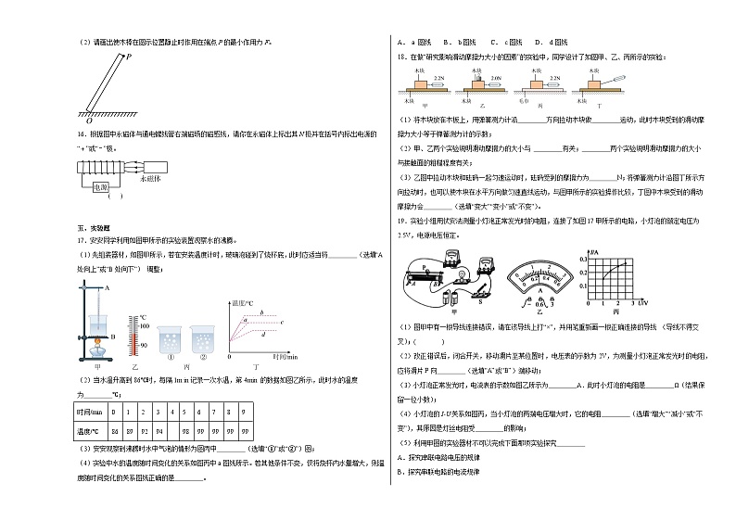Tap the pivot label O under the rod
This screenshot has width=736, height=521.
point(89,121)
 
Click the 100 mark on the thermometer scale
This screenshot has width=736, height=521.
point(144,325)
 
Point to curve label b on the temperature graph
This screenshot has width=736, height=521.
point(260,312)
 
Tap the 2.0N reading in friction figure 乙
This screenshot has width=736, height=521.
point(495,79)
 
